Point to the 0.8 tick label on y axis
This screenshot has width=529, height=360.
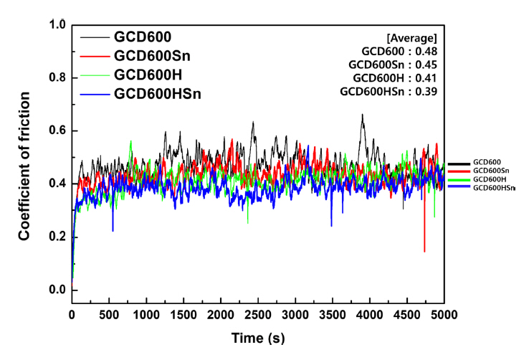pyautogui.click(x=58, y=77)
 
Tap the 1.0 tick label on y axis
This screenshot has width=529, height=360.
pyautogui.click(x=58, y=24)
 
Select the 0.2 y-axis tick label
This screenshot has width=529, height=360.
pyautogui.click(x=58, y=237)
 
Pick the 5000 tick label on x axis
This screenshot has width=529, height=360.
pyautogui.click(x=444, y=315)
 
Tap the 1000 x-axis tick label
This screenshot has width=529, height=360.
pyautogui.click(x=146, y=315)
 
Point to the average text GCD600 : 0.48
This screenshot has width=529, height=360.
pyautogui.click(x=400, y=51)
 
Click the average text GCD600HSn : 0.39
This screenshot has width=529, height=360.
pyautogui.click(x=389, y=91)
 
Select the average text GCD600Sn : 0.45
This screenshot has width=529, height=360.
pyautogui.click(x=395, y=65)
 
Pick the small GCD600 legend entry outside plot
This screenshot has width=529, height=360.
pyautogui.click(x=485, y=162)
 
